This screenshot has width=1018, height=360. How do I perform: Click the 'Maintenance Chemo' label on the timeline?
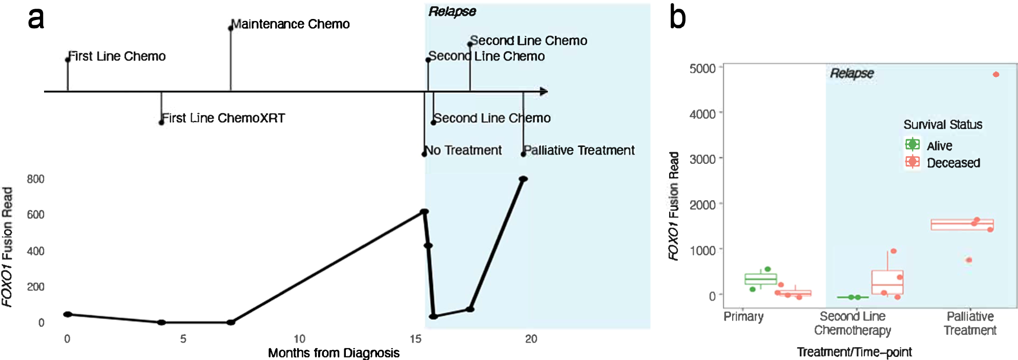point(290,24)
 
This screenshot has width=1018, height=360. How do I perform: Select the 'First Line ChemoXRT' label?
point(223,118)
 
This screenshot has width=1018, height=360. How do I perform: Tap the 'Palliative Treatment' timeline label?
point(579,151)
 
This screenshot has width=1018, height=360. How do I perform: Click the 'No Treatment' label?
point(464,151)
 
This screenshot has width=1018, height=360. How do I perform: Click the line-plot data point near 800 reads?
point(523,179)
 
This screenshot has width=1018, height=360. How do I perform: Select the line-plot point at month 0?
point(68,314)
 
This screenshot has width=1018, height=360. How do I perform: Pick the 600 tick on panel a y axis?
point(35,215)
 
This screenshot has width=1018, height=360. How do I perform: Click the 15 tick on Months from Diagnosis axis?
point(415,339)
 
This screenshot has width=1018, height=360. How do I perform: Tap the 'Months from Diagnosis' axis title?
point(334,353)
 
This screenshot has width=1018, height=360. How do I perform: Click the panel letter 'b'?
point(677,18)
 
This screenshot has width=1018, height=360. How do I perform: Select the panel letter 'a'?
point(36,18)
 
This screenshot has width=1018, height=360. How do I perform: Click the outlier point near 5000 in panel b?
point(996,75)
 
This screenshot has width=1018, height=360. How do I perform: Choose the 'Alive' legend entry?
point(939,146)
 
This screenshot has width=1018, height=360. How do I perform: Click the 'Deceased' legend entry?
point(953,163)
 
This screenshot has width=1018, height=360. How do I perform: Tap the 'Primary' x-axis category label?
point(743,316)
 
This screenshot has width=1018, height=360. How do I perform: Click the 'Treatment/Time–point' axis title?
point(854,352)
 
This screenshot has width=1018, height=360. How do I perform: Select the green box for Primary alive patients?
point(761,279)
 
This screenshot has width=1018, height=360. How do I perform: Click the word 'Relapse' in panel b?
point(851,73)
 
